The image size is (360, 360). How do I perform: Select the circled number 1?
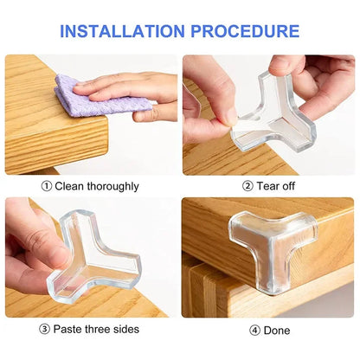(x=46, y=186)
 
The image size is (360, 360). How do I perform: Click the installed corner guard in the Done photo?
(x=269, y=246)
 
